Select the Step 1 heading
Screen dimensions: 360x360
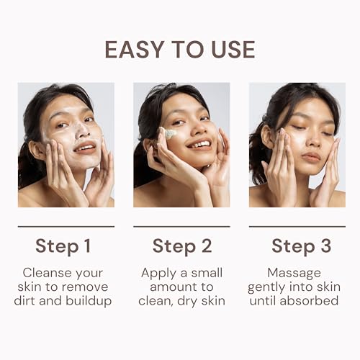click(63, 246)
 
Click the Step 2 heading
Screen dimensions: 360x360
click(182, 246)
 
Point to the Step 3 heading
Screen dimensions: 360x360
click(302, 246)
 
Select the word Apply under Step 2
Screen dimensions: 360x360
click(158, 274)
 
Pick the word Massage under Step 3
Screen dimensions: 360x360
click(294, 274)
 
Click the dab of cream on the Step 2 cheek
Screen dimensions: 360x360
click(171, 133)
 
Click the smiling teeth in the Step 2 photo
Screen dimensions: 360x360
click(201, 145)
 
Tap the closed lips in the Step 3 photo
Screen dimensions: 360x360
click(311, 157)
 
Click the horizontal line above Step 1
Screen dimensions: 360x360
click(66, 226)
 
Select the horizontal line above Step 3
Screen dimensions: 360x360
click(297, 226)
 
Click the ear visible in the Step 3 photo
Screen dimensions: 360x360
click(267, 137)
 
